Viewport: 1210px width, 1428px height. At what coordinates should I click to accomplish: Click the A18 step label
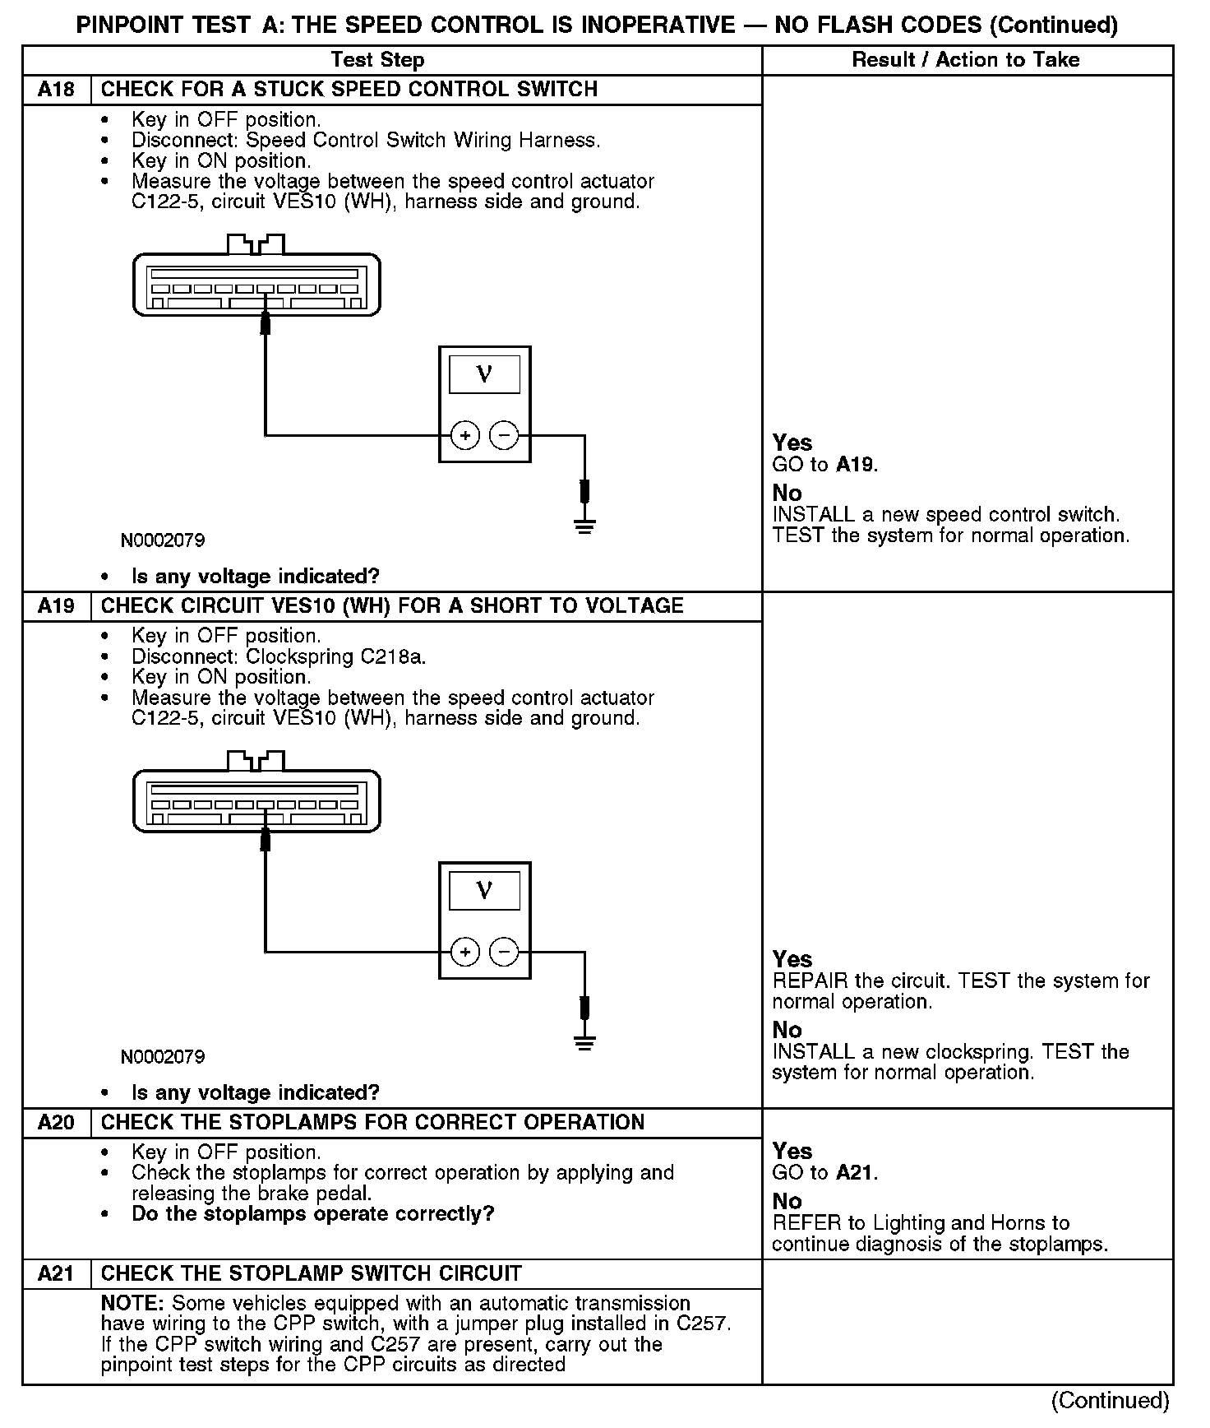click(x=56, y=90)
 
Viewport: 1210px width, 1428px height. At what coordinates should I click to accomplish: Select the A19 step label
click(x=56, y=606)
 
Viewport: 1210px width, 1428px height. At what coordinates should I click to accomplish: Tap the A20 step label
click(x=56, y=1123)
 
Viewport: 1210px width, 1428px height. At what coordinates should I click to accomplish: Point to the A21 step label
click(x=56, y=1274)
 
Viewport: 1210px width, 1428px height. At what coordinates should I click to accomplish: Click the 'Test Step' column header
click(x=377, y=60)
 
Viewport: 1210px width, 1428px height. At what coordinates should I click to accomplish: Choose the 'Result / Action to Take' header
click(x=966, y=60)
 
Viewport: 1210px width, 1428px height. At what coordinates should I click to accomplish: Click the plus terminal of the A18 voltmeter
click(x=465, y=435)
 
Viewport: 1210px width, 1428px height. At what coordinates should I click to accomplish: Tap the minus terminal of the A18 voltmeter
click(x=505, y=435)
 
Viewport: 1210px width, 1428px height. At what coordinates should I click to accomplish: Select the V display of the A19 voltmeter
click(x=484, y=891)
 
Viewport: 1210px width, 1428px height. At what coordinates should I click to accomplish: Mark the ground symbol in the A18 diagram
click(x=584, y=526)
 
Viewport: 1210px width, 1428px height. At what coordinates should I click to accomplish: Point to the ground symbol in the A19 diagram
click(x=584, y=1043)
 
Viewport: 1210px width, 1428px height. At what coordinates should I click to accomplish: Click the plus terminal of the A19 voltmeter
click(x=465, y=952)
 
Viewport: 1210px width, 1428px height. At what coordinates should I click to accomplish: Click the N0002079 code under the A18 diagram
click(x=163, y=540)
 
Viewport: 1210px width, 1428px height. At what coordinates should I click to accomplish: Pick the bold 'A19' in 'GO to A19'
click(x=855, y=465)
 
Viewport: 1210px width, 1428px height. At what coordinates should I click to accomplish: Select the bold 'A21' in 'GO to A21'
click(x=855, y=1172)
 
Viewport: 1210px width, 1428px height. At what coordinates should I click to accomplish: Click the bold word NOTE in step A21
click(x=133, y=1304)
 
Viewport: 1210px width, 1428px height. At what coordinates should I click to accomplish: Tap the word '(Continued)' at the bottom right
click(x=1110, y=1400)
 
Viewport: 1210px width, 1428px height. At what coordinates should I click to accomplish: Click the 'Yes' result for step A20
click(x=792, y=1151)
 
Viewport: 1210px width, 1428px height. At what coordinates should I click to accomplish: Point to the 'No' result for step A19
click(x=787, y=1030)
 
